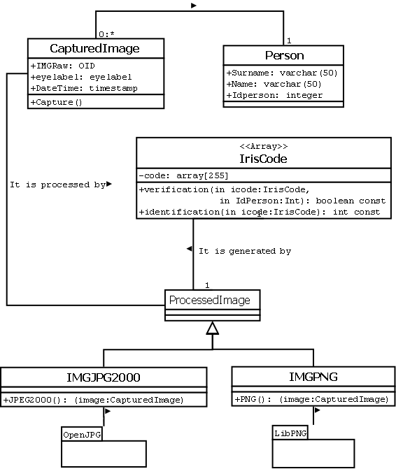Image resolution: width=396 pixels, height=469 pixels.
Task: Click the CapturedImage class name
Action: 95,48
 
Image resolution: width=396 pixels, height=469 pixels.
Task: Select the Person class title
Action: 283,55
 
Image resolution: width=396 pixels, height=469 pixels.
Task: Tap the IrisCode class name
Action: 263,159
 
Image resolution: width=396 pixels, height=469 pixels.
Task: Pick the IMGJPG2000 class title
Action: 104,377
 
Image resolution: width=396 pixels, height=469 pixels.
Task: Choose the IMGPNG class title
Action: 313,377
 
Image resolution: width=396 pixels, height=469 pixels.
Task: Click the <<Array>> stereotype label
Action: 263,146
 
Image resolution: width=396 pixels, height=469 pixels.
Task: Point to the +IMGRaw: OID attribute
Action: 63,65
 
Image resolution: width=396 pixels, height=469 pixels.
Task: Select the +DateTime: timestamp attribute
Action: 84,88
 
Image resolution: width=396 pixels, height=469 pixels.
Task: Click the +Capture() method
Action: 57,102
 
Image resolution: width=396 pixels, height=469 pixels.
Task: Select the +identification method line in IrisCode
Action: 259,212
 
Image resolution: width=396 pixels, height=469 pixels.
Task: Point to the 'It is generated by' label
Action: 244,250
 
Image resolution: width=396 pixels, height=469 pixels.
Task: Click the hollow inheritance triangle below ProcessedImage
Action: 213,329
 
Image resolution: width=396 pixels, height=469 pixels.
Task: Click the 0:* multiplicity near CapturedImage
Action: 106,34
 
